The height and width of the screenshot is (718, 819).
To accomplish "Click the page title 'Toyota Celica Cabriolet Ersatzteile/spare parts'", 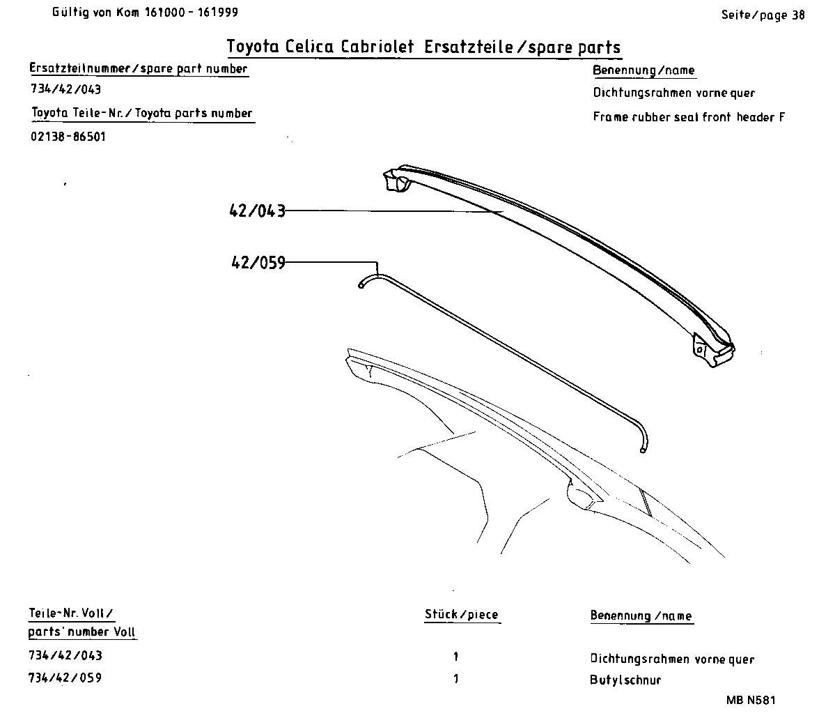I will [x=423, y=47].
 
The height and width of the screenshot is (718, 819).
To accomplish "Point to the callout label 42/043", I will [x=257, y=211].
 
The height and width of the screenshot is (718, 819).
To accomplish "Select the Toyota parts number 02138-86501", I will [x=68, y=137].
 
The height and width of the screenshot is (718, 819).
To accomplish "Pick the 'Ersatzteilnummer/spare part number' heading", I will [x=138, y=68].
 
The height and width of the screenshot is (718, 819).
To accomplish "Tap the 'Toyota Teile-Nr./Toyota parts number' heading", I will [x=142, y=113].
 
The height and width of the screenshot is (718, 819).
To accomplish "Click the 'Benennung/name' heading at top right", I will [x=643, y=70].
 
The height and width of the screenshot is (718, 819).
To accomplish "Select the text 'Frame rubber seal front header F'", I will [x=689, y=117].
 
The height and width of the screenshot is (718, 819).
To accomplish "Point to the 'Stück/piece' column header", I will [x=461, y=615].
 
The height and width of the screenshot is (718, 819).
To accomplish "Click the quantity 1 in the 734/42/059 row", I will [x=456, y=679].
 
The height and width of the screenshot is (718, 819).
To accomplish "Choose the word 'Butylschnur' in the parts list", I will [x=625, y=680].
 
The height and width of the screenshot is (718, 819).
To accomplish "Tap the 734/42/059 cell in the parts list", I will [x=65, y=678].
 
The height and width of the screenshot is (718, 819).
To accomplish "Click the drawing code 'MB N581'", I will [x=750, y=701].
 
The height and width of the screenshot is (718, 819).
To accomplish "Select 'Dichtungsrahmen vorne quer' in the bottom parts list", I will [x=672, y=659].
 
